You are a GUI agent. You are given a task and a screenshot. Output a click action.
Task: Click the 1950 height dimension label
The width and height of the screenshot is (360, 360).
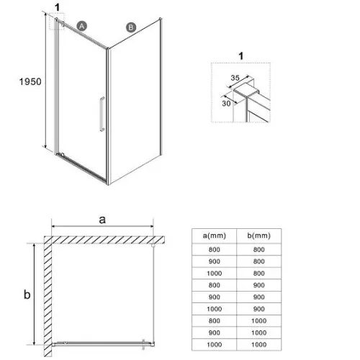(30, 81)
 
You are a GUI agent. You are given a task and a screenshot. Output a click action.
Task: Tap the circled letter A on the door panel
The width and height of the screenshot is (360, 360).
(82, 26)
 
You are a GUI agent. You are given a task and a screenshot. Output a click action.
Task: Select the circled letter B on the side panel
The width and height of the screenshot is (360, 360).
(131, 27)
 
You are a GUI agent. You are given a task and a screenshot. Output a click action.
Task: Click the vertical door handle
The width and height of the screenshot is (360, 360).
(102, 114)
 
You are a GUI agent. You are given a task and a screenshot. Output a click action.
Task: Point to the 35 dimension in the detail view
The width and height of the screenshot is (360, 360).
(235, 78)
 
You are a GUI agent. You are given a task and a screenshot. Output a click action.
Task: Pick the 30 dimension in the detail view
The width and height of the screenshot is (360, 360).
(226, 104)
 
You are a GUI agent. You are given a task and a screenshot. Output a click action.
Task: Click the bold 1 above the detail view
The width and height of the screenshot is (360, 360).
(241, 56)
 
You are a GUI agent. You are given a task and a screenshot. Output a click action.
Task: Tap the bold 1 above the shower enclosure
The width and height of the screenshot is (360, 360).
(57, 7)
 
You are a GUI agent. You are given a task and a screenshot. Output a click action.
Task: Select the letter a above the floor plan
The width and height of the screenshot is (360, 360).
(102, 220)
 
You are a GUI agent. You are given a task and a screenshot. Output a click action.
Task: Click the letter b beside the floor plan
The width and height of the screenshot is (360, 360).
(27, 294)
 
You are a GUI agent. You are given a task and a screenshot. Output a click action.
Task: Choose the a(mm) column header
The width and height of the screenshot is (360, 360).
(215, 235)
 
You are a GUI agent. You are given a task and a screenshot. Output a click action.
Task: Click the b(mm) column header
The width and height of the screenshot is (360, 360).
(259, 235)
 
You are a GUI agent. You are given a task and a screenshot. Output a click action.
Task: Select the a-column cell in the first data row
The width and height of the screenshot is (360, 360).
(215, 250)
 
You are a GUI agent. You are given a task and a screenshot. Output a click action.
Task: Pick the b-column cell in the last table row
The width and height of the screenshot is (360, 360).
(259, 345)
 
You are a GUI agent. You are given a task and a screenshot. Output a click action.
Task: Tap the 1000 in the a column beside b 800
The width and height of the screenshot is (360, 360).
(215, 274)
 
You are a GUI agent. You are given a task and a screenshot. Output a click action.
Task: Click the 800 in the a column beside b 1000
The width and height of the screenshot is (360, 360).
(215, 321)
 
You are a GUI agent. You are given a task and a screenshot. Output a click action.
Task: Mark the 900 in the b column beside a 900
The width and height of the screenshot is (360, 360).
(259, 297)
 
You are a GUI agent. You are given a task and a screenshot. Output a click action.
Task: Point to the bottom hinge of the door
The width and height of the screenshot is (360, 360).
(63, 155)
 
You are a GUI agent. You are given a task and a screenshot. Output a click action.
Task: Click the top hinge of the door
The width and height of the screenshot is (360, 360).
(63, 24)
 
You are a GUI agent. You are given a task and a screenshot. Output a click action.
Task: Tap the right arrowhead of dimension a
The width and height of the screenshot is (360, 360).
(151, 226)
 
